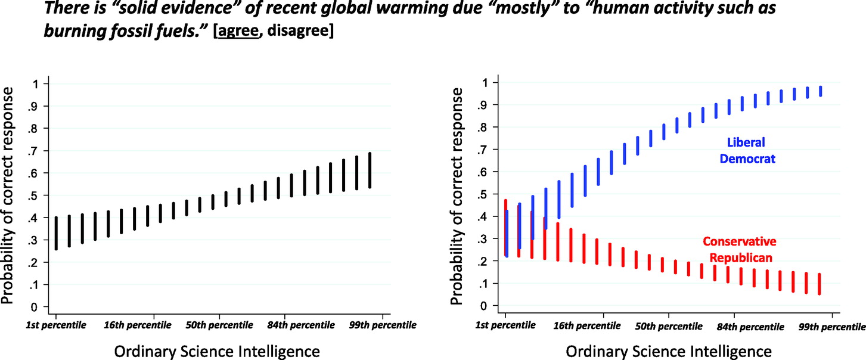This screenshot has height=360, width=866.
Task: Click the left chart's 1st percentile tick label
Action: (55, 325)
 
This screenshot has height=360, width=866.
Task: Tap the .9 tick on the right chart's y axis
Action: (486, 104)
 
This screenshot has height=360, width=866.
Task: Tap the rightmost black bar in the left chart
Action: (370, 170)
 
